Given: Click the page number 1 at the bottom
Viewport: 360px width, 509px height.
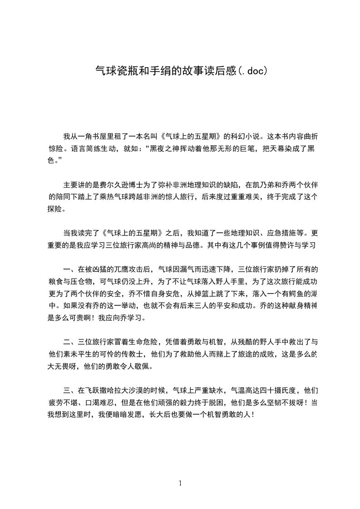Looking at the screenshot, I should click(x=180, y=483).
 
